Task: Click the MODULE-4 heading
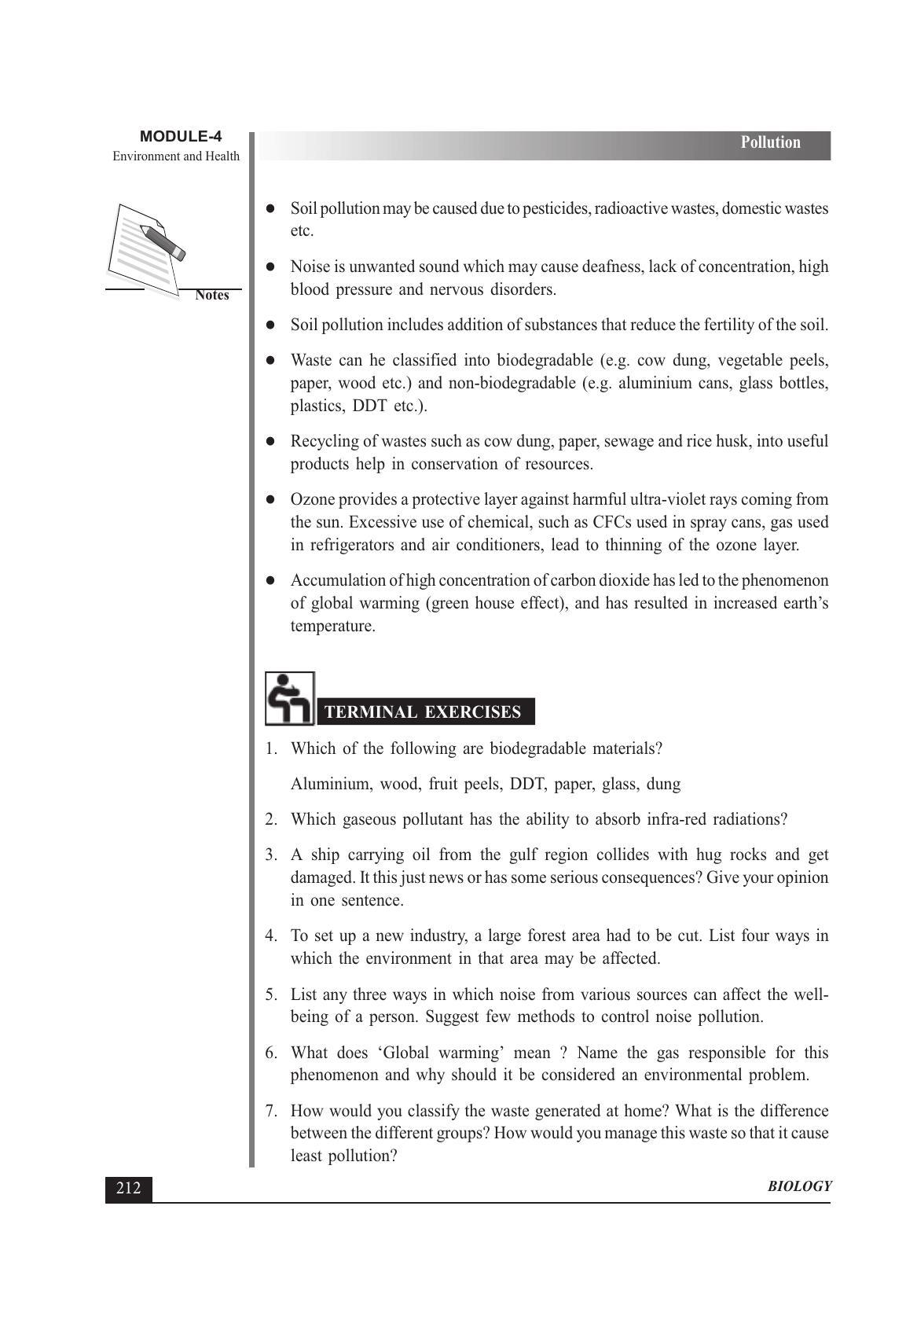click(181, 137)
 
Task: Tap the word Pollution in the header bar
click(770, 142)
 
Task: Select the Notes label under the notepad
click(211, 296)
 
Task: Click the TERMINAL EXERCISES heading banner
click(423, 712)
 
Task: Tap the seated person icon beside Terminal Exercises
click(288, 699)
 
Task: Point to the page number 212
click(128, 1188)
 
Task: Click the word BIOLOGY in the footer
click(799, 1187)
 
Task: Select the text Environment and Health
click(176, 156)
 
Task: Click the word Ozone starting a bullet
click(312, 500)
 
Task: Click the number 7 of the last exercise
click(270, 1112)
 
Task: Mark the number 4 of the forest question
click(270, 936)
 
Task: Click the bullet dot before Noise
click(270, 267)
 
